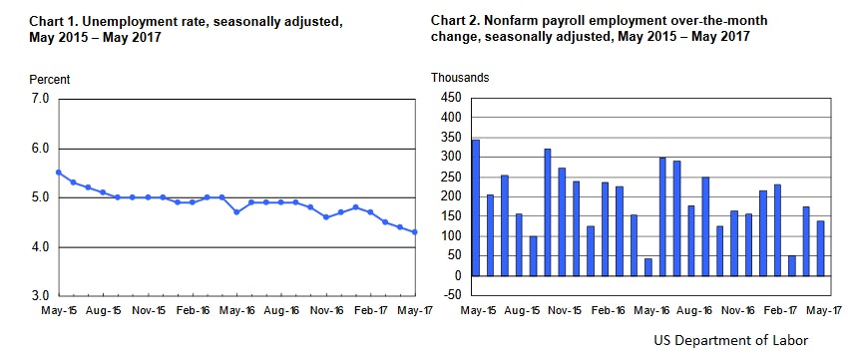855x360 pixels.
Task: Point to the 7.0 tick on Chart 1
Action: point(40,99)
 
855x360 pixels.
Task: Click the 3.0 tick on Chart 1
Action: point(40,296)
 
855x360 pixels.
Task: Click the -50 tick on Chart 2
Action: point(452,295)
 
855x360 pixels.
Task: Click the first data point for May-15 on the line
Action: point(59,173)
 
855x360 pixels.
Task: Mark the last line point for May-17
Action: point(415,232)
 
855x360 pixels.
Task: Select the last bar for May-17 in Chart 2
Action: point(820,248)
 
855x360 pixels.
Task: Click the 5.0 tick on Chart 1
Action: point(40,197)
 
